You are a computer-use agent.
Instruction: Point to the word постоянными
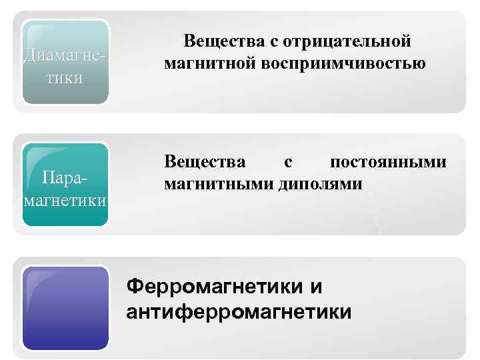[x=389, y=162]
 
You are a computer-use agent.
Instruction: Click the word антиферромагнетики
[x=239, y=311]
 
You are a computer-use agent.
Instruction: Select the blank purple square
[x=65, y=307]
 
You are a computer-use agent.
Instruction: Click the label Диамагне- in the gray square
[x=64, y=53]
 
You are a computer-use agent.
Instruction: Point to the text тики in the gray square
[x=65, y=78]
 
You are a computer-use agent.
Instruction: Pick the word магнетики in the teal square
[x=65, y=200]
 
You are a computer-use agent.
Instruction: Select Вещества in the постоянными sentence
[x=205, y=162]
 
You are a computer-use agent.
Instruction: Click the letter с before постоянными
[x=287, y=162]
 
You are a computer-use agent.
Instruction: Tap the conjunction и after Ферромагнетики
[x=316, y=287]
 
